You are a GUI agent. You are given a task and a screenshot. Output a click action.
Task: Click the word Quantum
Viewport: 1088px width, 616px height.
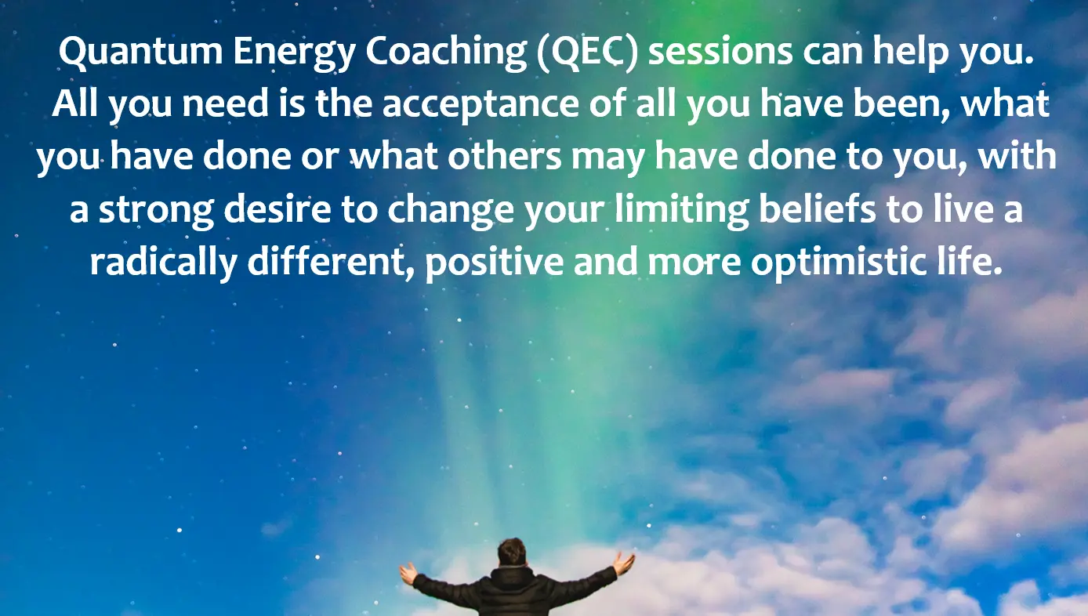point(141,51)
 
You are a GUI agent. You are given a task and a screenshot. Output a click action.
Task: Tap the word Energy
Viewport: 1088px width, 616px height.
point(295,54)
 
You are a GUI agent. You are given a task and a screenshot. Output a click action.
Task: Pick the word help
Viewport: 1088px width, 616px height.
point(911,54)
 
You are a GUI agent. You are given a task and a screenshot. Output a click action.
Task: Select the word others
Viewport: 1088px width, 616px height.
point(504,157)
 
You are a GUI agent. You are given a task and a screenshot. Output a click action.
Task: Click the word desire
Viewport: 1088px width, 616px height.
point(277,209)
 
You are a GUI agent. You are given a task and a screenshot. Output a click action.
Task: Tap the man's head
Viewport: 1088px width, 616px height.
point(512,553)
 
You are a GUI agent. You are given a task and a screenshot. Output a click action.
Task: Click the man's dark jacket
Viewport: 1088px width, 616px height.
point(513,592)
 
